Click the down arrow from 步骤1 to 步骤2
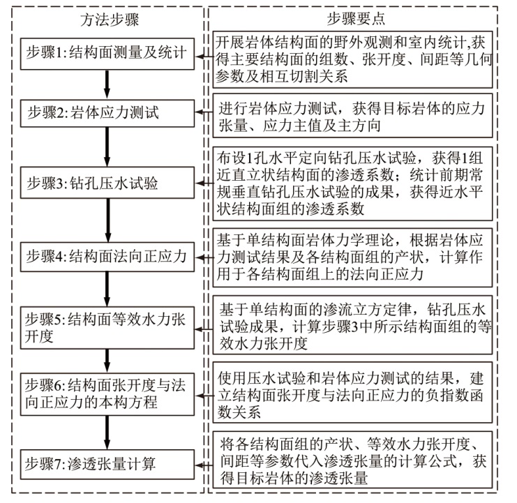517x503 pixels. point(107,82)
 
